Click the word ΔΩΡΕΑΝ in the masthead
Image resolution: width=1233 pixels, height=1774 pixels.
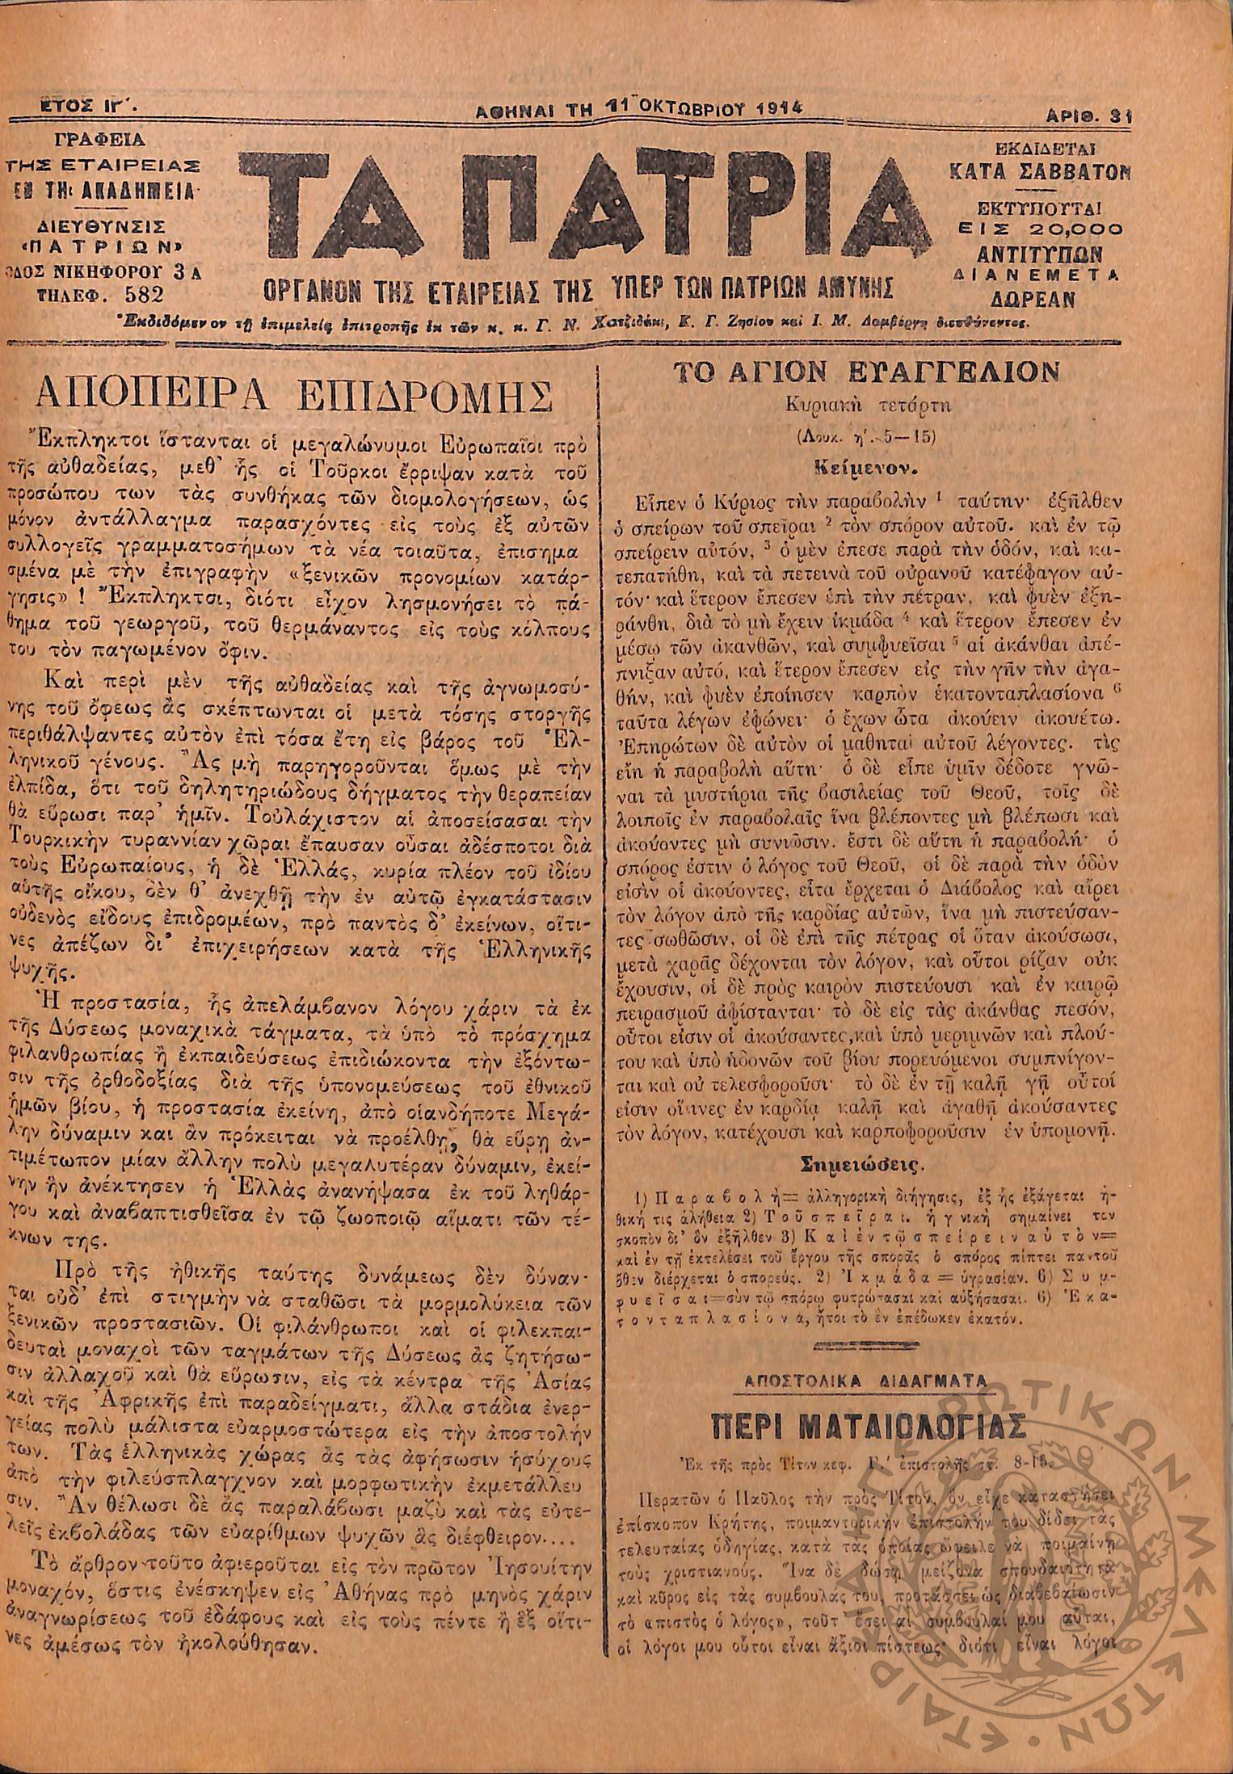[x=1040, y=299]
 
